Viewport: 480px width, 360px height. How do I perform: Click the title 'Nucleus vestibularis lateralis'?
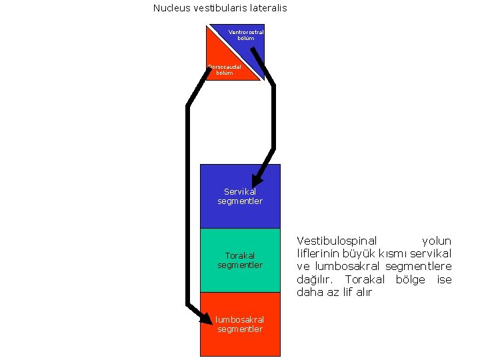[x=220, y=8]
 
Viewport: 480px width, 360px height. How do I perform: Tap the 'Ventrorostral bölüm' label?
[x=246, y=35]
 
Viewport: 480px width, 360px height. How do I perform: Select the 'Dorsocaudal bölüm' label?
[x=225, y=69]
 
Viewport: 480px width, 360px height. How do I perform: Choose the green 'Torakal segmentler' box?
[x=240, y=260]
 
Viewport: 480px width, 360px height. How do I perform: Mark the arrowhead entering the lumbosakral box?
[x=207, y=319]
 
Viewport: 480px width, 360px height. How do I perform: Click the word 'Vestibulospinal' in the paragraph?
[x=337, y=241]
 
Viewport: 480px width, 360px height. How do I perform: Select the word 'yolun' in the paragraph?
[x=437, y=241]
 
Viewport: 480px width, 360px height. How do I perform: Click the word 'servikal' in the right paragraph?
[x=431, y=253]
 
